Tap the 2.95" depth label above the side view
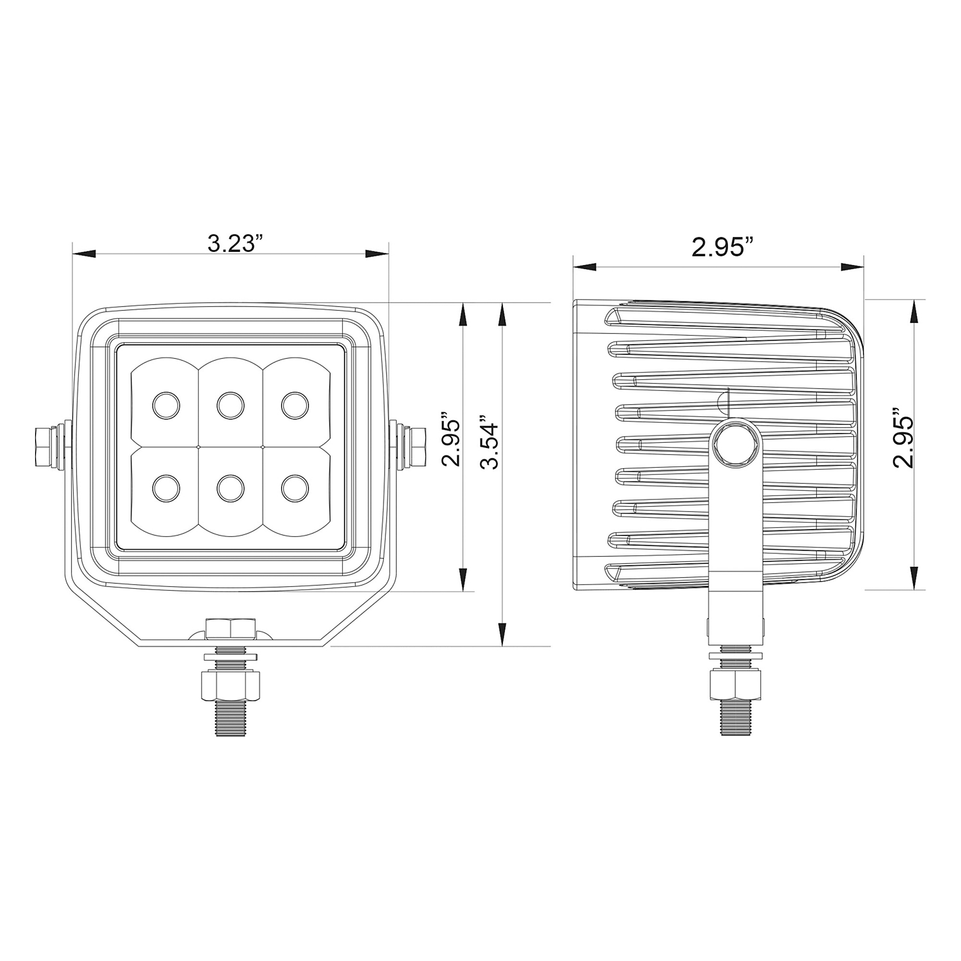click(722, 247)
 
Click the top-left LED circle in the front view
click(166, 406)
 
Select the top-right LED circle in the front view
click(295, 406)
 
